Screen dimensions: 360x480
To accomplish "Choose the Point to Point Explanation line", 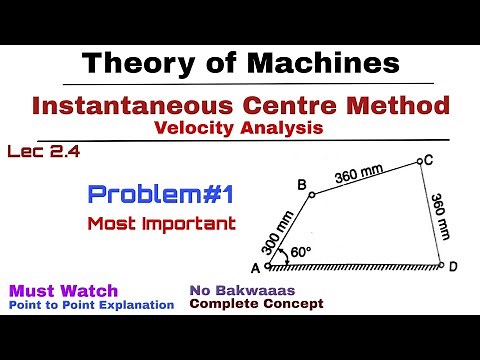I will (92, 304).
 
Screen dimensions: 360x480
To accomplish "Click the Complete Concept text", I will (255, 304).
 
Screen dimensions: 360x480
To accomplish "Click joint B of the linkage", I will (311, 195).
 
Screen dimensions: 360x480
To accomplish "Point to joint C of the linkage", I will (418, 161).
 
